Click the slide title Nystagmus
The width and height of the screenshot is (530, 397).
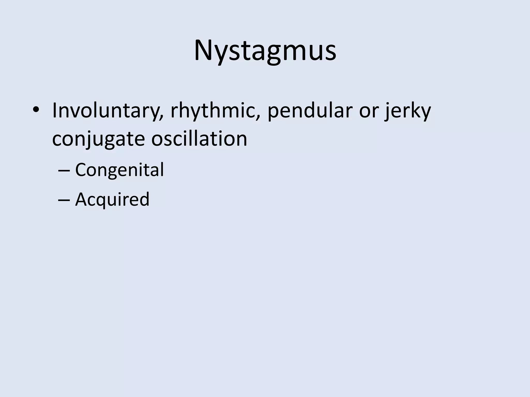click(x=265, y=50)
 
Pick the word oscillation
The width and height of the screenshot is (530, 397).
click(x=199, y=138)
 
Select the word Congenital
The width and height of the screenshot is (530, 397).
click(x=119, y=170)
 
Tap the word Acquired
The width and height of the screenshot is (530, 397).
click(x=112, y=200)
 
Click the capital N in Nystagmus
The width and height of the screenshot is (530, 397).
click(x=204, y=50)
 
